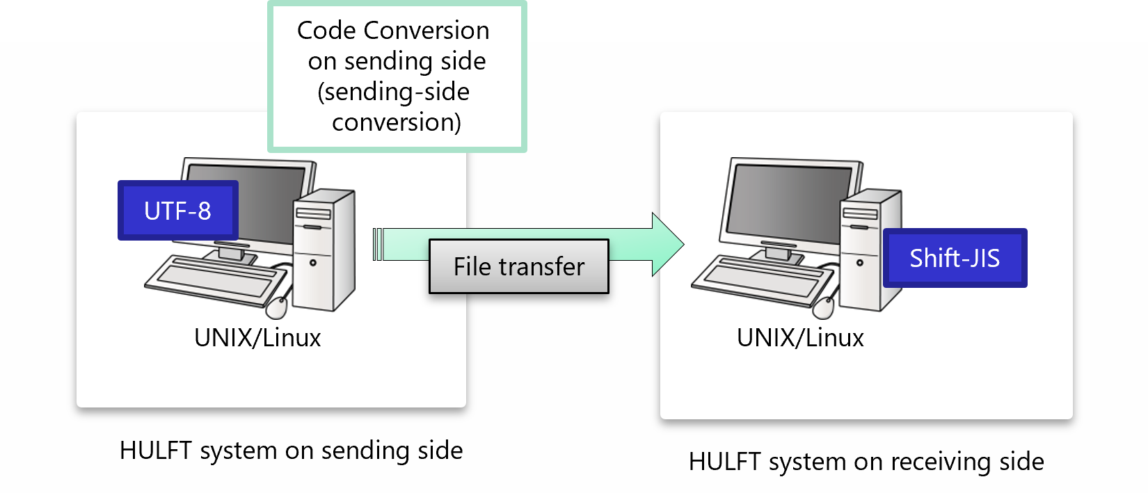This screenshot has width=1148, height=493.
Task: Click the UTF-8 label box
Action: click(178, 211)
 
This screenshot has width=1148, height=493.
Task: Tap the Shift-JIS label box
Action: click(955, 258)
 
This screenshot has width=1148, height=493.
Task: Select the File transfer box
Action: click(519, 266)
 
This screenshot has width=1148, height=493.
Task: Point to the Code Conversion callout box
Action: click(397, 76)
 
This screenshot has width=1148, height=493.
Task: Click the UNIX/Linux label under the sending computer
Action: click(257, 338)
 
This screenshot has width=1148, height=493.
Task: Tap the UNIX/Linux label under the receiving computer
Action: click(800, 338)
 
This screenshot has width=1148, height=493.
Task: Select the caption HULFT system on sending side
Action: click(291, 451)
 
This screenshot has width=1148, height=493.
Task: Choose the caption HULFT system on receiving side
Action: click(866, 462)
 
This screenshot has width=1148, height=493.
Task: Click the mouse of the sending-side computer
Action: click(277, 306)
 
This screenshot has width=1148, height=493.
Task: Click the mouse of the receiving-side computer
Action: click(824, 306)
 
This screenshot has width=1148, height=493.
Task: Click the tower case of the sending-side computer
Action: click(324, 250)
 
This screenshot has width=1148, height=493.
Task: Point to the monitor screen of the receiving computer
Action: click(790, 202)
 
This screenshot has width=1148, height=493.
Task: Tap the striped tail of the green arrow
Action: click(377, 244)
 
